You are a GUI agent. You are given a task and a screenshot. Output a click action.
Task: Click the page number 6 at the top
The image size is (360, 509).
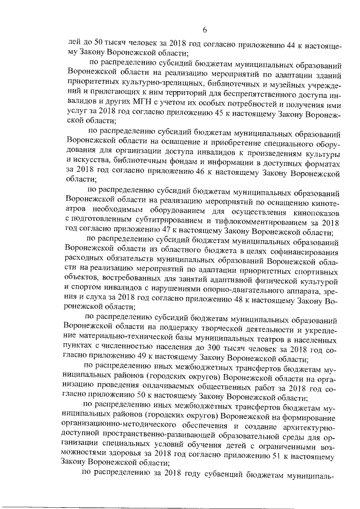(x=205, y=30)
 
